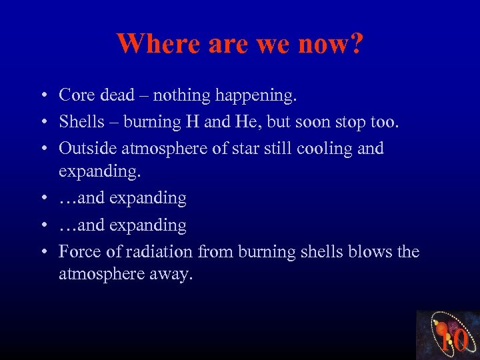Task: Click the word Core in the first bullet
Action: coord(76,95)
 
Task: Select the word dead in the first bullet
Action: coord(117,95)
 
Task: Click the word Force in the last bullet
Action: coord(77,251)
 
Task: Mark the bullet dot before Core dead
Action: coord(42,96)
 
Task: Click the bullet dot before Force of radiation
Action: coord(42,252)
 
